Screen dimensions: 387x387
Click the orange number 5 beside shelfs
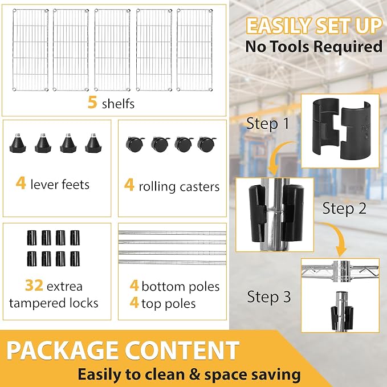point(92,102)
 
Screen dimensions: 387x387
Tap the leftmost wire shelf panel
point(30,50)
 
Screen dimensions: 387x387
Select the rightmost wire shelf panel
point(195,50)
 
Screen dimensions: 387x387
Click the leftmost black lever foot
point(18,143)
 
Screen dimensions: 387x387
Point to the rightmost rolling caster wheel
point(206,144)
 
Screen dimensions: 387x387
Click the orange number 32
point(34,286)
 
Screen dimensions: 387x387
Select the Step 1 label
point(268,124)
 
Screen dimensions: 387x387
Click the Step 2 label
point(344,208)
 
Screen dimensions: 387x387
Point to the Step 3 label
point(269,296)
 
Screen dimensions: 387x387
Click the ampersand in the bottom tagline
point(195,374)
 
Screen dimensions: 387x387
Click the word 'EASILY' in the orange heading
point(279,26)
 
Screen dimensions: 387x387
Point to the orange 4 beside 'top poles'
point(134,303)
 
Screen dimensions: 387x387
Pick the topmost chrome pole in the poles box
point(172,233)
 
